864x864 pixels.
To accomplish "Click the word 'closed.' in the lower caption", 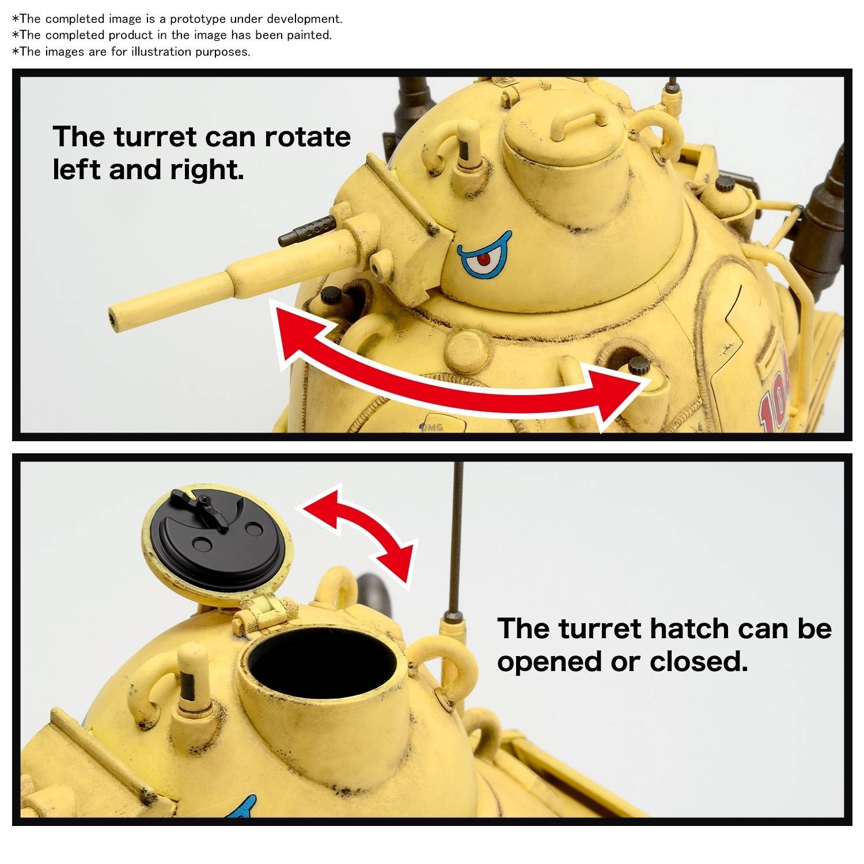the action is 699,661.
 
